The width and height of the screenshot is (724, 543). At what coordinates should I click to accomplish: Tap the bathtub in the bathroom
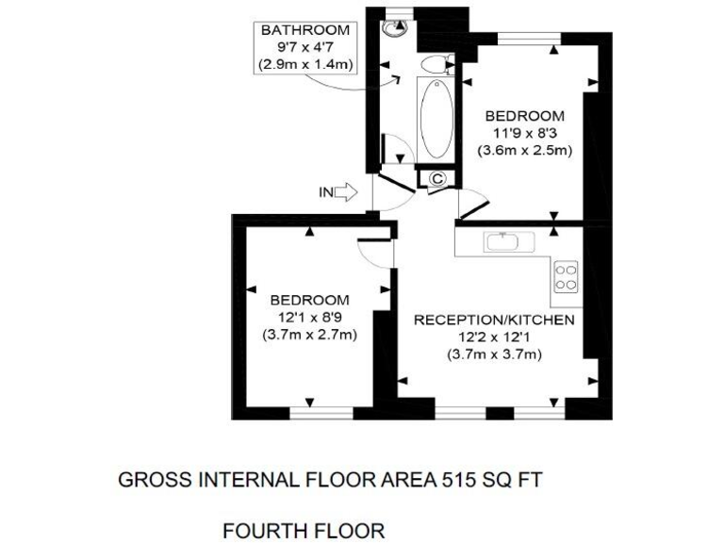436,120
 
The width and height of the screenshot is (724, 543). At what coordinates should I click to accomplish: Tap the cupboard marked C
437,177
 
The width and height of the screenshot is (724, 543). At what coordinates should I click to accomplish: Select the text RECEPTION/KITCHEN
494,321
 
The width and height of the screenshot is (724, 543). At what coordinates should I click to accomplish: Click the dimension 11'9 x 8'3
524,133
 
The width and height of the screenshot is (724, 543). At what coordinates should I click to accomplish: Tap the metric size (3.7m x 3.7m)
494,354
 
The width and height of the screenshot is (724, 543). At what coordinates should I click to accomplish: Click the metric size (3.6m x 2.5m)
524,150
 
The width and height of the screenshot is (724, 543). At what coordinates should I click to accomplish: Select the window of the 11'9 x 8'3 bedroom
530,38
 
